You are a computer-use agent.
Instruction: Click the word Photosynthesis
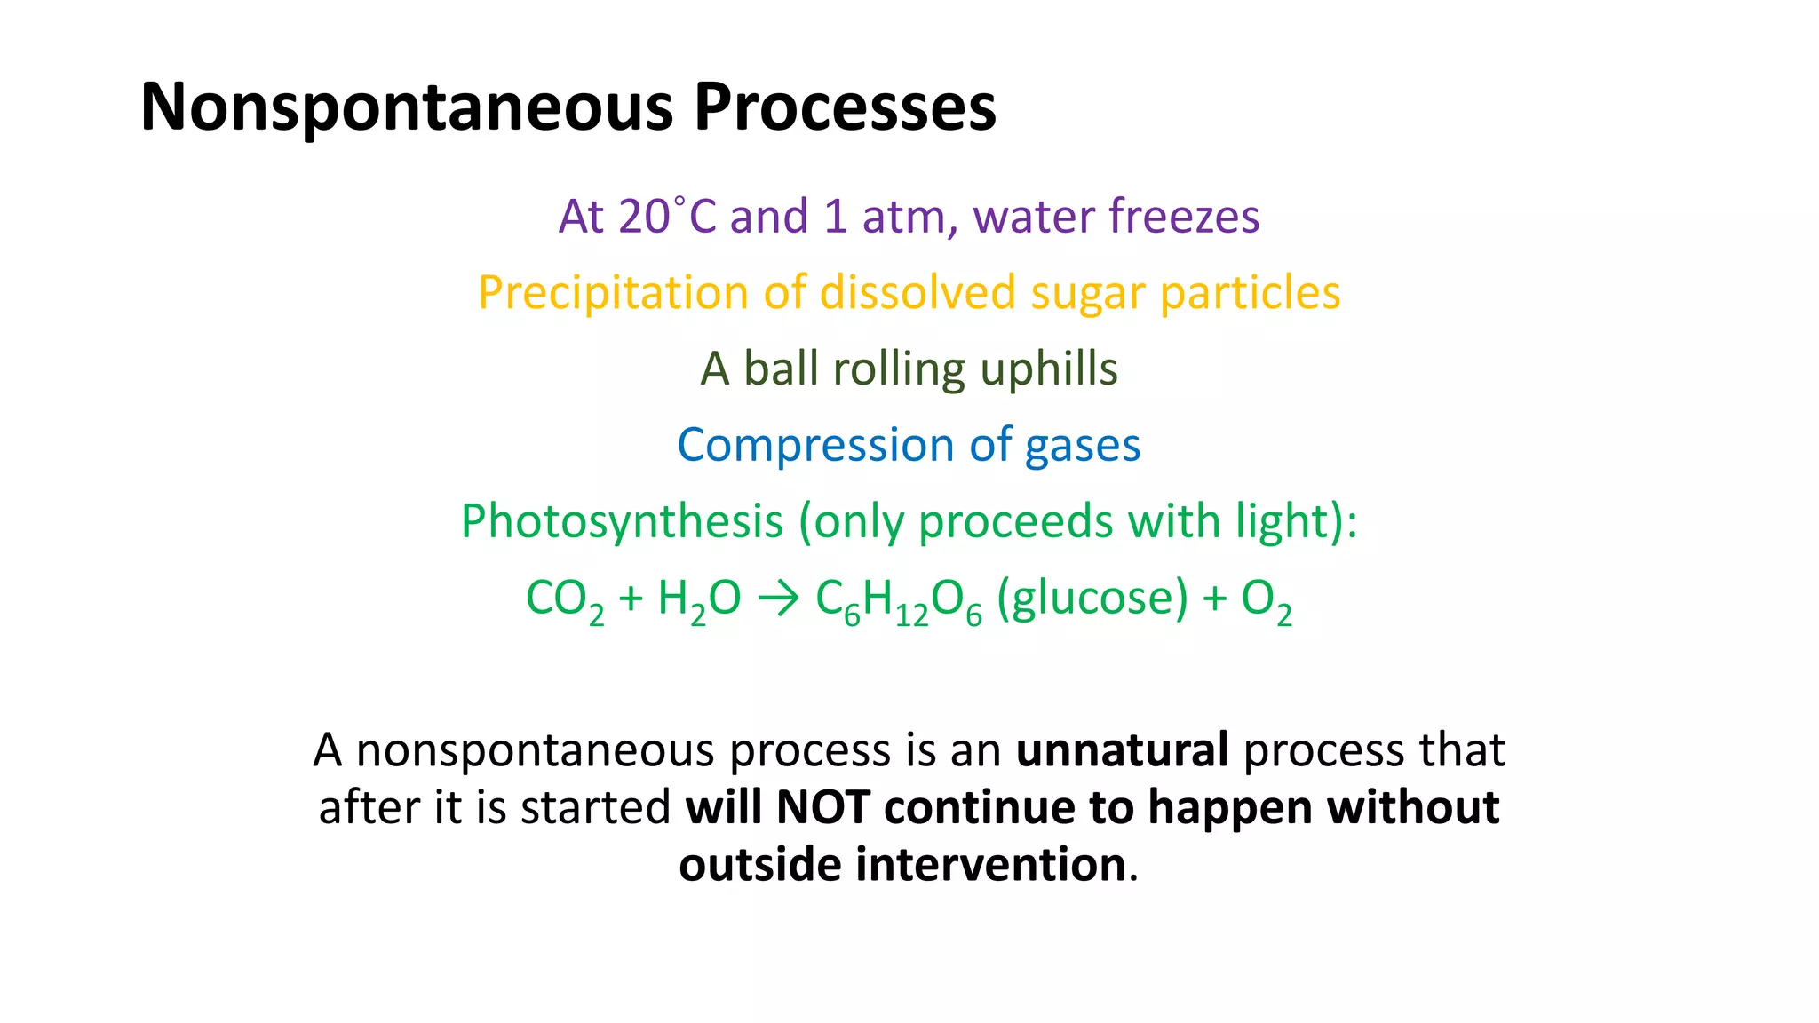click(622, 522)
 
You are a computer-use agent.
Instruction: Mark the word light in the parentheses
click(1279, 522)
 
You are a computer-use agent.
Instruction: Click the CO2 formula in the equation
click(564, 599)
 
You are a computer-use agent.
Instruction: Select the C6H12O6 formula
click(898, 600)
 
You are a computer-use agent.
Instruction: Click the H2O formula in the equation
click(698, 599)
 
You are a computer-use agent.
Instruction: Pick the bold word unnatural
click(1122, 750)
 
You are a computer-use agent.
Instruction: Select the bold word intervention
click(990, 865)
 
